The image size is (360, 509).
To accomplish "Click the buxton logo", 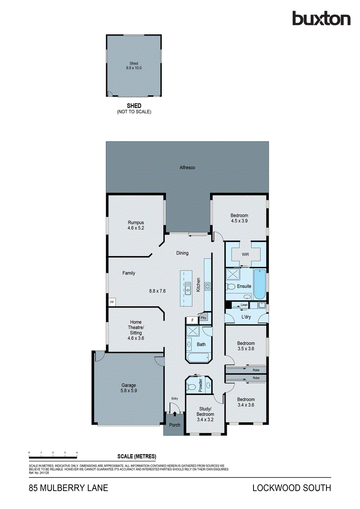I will tap(321, 19).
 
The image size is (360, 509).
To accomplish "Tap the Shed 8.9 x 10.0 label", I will tap(134, 65).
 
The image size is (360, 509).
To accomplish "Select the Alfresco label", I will tap(187, 168).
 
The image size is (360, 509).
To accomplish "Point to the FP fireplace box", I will tap(112, 302).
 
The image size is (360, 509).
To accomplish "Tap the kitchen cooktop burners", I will tap(208, 286).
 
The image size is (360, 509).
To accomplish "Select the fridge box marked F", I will tap(192, 320).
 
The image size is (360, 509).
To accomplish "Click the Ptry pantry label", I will tap(204, 317).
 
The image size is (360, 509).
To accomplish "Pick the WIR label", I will tap(245, 255).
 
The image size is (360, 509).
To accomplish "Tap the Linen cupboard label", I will tap(244, 305).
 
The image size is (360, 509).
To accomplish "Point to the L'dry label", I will tap(246, 317).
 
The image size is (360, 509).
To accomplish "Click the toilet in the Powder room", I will tap(192, 387).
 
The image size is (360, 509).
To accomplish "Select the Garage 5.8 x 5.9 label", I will tap(129, 388).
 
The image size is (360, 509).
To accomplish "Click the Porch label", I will tap(174, 425).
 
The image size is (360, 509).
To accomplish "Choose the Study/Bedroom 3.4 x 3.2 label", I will tap(205, 414).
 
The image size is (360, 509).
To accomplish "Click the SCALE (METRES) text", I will tap(137, 456).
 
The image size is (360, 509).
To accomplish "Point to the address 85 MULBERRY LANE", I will tap(68, 488).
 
